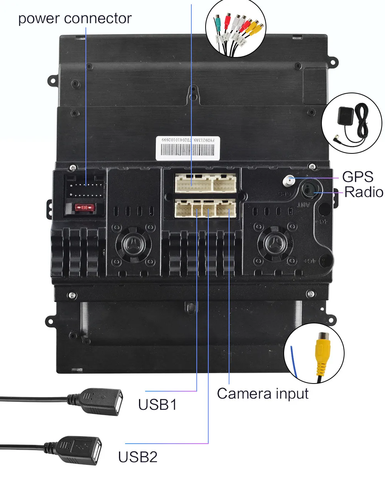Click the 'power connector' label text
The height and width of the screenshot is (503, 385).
pyautogui.click(x=75, y=18)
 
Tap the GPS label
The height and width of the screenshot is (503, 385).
pyautogui.click(x=358, y=177)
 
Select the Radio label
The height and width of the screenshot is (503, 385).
pyautogui.click(x=363, y=192)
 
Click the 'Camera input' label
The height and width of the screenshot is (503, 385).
pyautogui.click(x=263, y=394)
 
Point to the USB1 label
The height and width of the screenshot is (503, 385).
pyautogui.click(x=157, y=405)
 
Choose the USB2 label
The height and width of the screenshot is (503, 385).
pyautogui.click(x=138, y=457)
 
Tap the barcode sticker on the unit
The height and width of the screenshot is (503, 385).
pyautogui.click(x=188, y=147)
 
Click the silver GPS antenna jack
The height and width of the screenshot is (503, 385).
pyautogui.click(x=288, y=180)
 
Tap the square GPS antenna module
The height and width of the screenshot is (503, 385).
pyautogui.click(x=345, y=116)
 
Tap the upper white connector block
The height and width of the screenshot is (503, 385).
pyautogui.click(x=206, y=183)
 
